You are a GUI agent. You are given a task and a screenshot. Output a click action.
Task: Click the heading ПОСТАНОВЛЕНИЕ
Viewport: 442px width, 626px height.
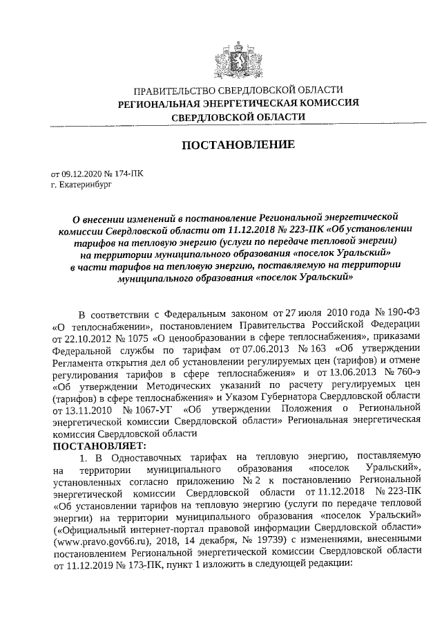pos(238,145)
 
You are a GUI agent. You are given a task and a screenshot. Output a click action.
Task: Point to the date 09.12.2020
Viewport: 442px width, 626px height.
pos(82,175)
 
